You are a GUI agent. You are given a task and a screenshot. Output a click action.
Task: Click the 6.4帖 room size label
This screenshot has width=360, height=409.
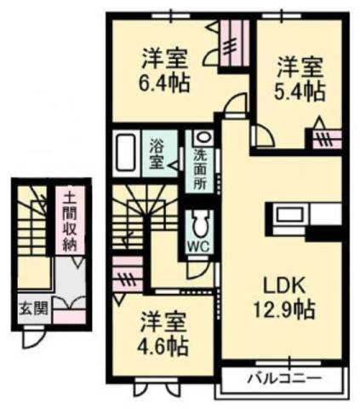164,83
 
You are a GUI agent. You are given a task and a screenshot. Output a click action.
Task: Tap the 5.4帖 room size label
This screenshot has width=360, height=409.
300,91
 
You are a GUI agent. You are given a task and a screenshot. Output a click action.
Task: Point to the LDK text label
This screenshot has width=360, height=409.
284,286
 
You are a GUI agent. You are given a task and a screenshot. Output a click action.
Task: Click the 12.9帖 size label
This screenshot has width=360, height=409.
284,309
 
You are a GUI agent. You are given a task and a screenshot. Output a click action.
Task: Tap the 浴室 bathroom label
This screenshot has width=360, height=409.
157,153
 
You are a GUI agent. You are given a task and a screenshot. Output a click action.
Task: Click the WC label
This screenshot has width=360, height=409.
199,246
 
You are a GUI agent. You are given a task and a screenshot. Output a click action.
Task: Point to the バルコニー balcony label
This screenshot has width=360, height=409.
284,378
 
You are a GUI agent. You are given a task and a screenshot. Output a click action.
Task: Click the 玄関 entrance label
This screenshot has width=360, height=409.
33,308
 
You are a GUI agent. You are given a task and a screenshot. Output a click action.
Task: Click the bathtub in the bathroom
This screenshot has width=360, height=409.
125,153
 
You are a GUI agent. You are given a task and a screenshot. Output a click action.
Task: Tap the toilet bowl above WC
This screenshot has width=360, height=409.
201,224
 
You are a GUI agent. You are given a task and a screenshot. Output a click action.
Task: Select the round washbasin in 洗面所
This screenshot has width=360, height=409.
203,137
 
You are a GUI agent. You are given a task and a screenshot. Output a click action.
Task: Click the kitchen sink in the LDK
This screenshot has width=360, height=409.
289,215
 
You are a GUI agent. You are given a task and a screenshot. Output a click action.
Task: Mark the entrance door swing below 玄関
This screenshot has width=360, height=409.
33,337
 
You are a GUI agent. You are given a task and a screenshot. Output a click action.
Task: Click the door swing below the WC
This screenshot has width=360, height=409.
198,269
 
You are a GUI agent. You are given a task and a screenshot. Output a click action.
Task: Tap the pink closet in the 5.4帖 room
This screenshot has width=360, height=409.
327,140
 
